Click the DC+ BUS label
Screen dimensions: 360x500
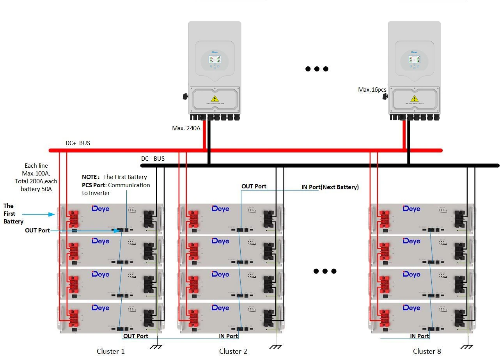click(x=78, y=143)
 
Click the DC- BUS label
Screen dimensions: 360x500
click(x=152, y=159)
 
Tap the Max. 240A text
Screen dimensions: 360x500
click(x=186, y=128)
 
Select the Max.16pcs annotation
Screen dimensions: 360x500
click(x=372, y=90)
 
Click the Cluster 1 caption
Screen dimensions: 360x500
click(x=110, y=351)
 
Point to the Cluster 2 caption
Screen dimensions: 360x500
click(x=233, y=351)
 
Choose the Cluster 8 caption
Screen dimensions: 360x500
click(x=427, y=351)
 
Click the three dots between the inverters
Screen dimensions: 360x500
click(x=317, y=69)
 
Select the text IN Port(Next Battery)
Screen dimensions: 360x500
click(x=330, y=187)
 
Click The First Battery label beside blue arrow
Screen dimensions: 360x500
click(x=13, y=214)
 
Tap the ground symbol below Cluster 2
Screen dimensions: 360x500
click(x=276, y=346)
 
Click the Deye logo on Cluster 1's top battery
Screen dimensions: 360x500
click(x=101, y=209)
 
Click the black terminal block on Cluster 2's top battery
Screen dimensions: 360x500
click(x=268, y=218)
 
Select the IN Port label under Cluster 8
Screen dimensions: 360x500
click(x=419, y=336)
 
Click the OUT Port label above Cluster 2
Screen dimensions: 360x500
click(x=254, y=186)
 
